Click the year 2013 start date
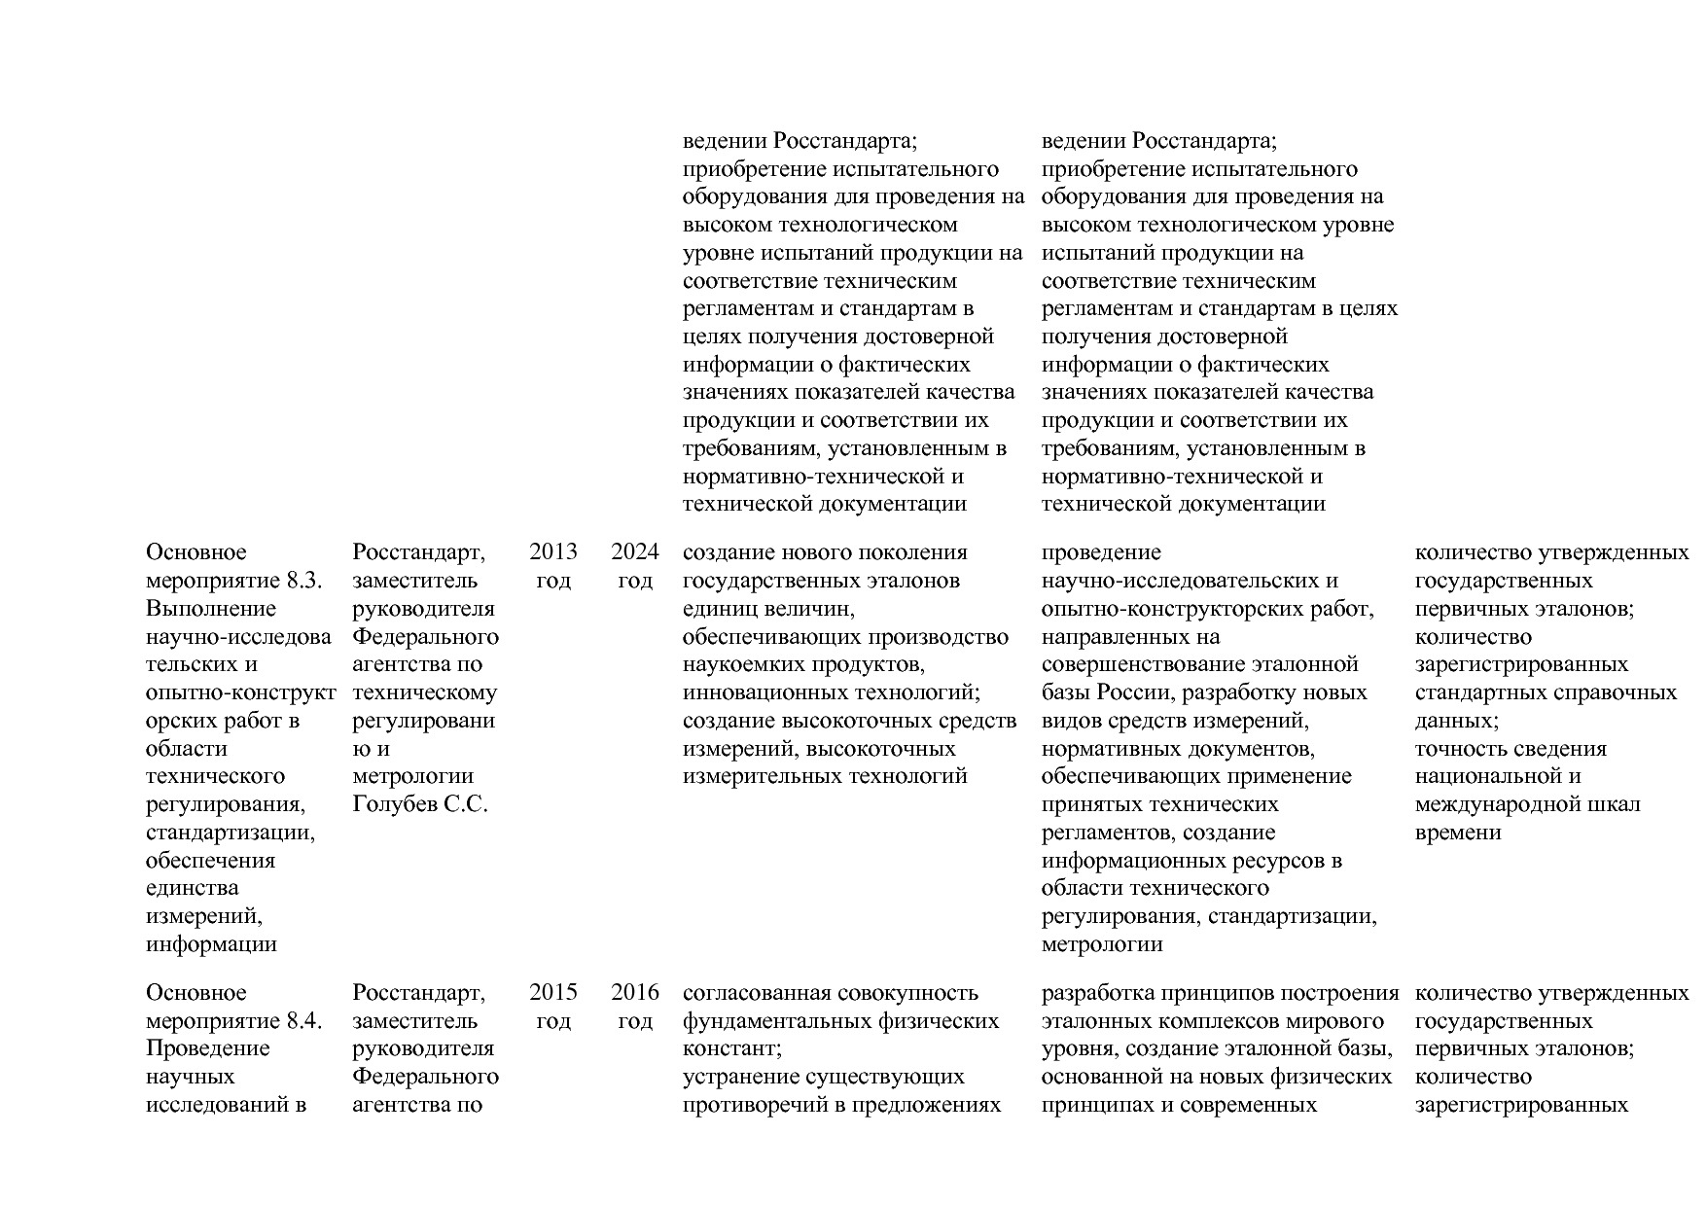tap(552, 552)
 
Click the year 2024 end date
tap(634, 552)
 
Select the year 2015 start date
tap(552, 993)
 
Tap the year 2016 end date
tap(634, 993)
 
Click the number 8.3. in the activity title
tap(304, 581)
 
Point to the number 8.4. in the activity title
tap(304, 1021)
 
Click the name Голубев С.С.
tap(419, 805)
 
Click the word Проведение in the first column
tap(207, 1048)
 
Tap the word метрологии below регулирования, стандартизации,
tap(1101, 944)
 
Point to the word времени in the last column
tap(1457, 833)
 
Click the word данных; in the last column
tap(1456, 721)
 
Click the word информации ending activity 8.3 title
tap(211, 944)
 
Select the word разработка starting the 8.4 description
tap(1096, 993)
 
